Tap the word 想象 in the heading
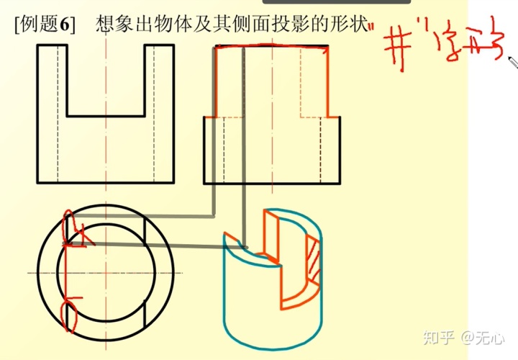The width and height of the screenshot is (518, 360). point(114,24)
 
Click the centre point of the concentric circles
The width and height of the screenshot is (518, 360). point(106,274)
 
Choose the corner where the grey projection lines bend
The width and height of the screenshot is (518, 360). point(214,215)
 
